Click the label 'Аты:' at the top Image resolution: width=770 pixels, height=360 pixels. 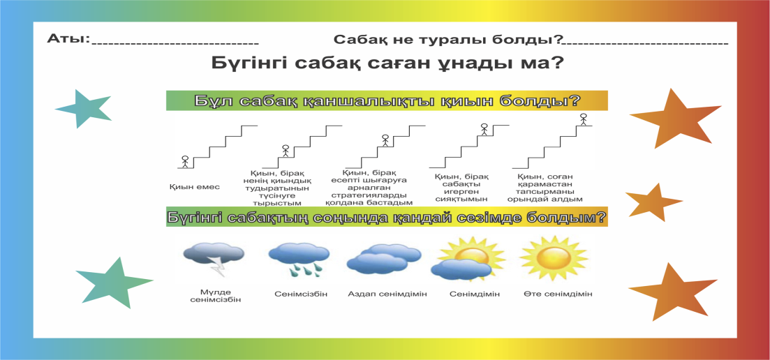68,38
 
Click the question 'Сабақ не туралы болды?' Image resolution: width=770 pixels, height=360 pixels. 448,39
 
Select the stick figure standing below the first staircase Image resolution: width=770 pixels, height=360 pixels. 185,161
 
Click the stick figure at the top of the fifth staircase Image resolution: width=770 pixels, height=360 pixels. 584,119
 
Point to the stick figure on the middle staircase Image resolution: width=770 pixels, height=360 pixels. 385,140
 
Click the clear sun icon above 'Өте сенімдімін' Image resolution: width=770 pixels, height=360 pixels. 554,258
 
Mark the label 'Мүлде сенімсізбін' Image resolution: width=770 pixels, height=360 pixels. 216,295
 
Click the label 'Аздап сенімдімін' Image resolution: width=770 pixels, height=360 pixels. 387,294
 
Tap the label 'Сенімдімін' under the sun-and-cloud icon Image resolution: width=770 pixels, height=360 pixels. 475,294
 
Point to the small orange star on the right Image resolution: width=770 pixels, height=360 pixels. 653,202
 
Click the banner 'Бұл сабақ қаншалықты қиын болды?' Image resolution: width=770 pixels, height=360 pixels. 387,100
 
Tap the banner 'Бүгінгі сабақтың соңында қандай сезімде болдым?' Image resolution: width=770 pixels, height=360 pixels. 387,217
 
